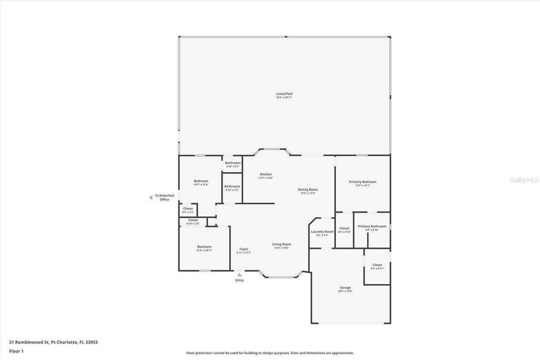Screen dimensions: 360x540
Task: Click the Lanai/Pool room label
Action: tap(284, 94)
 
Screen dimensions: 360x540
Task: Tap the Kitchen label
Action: tap(266, 174)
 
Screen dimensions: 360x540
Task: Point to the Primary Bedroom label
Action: tap(362, 182)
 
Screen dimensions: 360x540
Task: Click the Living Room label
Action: tap(281, 244)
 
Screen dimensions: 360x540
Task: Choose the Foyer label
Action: tap(244, 249)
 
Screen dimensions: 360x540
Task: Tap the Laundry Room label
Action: tap(322, 232)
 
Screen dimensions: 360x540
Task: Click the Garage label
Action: tap(345, 288)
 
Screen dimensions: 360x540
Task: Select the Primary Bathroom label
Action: tap(372, 226)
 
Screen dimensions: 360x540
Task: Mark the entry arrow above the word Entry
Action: tap(240, 275)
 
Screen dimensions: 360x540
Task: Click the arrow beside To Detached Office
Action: tap(151, 198)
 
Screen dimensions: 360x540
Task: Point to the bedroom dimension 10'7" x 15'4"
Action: tap(201, 185)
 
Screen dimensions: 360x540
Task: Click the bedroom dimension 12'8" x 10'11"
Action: tap(204, 251)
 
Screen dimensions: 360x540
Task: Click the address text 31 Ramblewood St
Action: tap(29, 342)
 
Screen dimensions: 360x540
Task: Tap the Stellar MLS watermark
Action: tap(524, 180)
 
